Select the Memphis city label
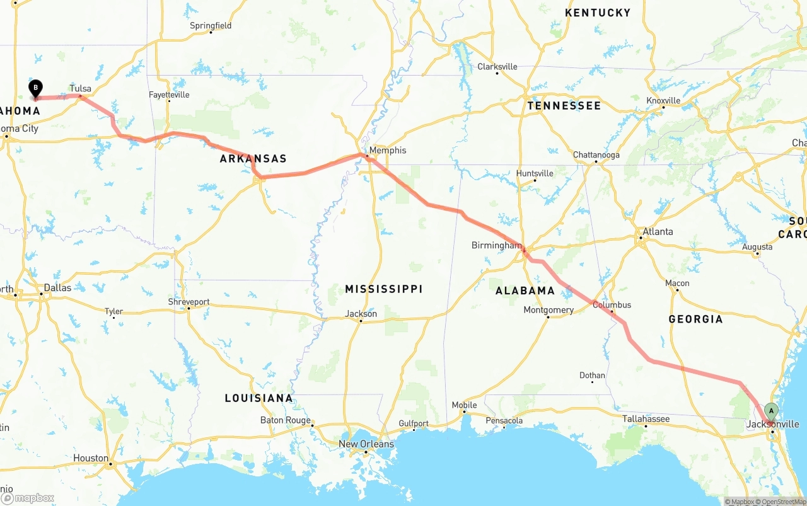pos(388,150)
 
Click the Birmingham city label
pos(496,245)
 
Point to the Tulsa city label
pos(81,89)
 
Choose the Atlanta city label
pos(658,231)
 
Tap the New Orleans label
pos(366,444)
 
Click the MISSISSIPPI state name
pos(383,289)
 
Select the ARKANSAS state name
pos(253,159)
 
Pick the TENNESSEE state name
pos(564,106)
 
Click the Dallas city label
pos(58,287)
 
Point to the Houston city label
pos(90,458)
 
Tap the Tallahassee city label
pos(646,419)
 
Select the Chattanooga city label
pos(596,155)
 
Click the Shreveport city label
pos(189,302)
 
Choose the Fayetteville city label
pos(169,95)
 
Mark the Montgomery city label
pos(549,309)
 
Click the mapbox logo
pos(28,498)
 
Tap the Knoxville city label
pos(663,101)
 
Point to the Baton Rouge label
pos(286,420)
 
